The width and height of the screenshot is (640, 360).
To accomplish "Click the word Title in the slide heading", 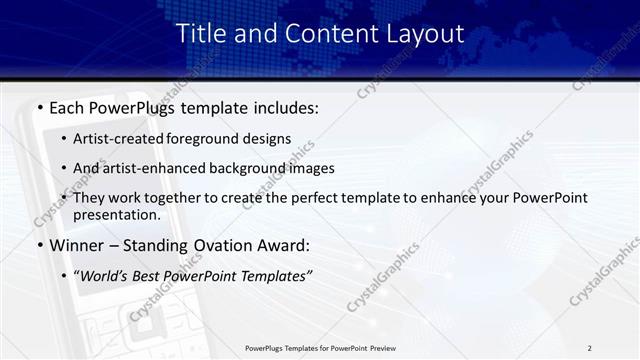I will (x=200, y=33).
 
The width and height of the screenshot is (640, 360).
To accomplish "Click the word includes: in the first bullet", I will (x=280, y=107).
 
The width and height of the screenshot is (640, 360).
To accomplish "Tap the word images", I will (x=312, y=168).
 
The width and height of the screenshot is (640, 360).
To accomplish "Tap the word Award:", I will (x=289, y=245).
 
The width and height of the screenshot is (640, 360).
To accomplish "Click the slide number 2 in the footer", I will (x=590, y=347).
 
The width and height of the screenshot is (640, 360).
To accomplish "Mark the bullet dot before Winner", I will (x=39, y=246).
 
